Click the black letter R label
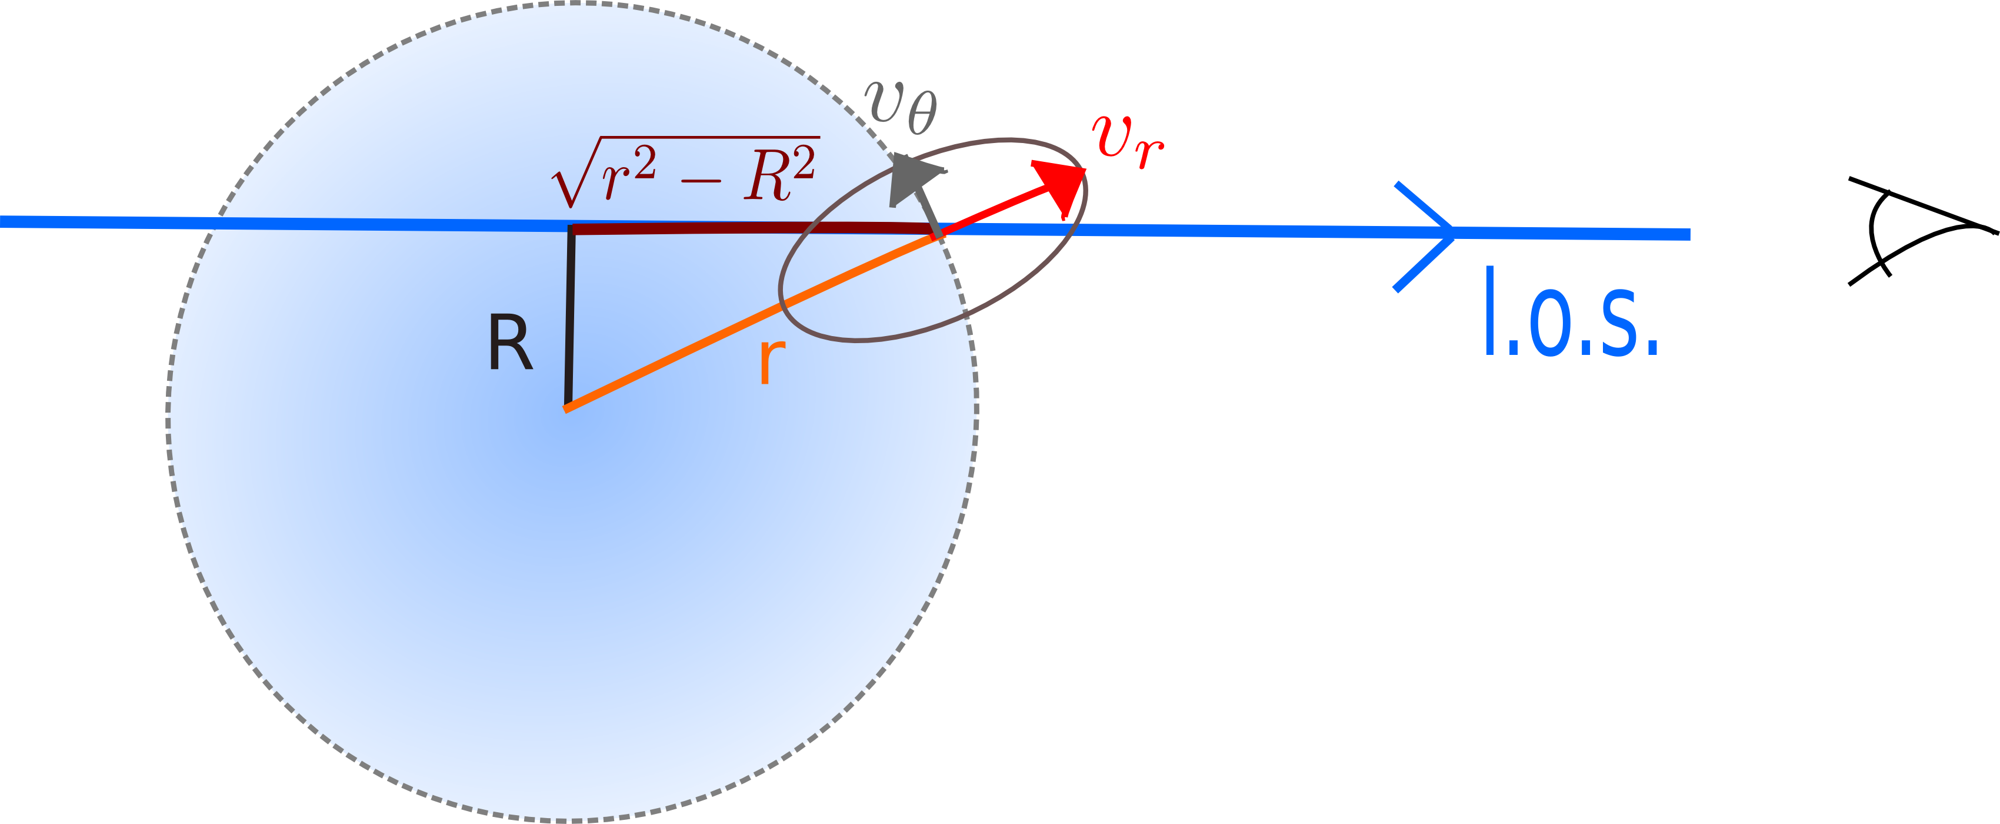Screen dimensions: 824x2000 click(x=510, y=343)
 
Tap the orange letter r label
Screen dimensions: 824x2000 click(x=772, y=361)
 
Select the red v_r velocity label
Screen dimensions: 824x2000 click(x=1126, y=142)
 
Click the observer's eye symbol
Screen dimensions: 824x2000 click(x=1910, y=230)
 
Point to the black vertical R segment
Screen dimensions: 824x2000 click(x=570, y=314)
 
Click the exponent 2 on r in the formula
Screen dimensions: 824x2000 click(x=644, y=161)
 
